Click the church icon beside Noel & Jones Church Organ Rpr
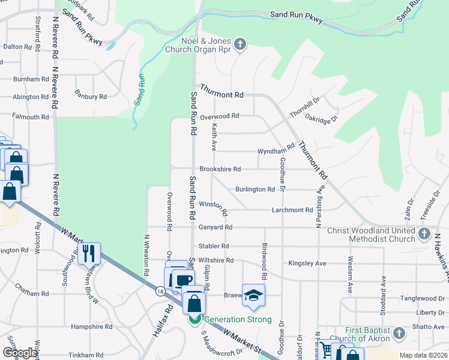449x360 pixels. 240,44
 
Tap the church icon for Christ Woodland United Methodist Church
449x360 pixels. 424,233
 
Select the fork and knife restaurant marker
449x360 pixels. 89,254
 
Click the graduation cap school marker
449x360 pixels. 253,294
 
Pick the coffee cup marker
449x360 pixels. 183,280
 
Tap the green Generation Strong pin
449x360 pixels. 195,320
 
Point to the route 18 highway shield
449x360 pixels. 159,291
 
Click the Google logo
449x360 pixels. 20,353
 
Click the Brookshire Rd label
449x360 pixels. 220,169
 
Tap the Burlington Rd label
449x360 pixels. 255,189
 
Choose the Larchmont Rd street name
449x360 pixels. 292,210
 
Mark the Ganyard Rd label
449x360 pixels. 215,227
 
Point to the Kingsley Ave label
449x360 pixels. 307,263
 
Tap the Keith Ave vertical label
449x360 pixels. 213,137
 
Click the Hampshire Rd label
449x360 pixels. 91,327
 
